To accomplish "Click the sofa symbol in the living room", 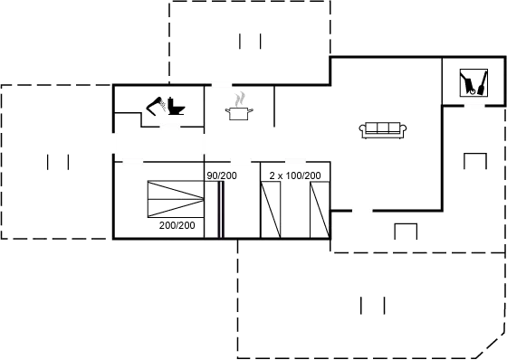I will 381,129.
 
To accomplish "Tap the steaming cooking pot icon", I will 241,103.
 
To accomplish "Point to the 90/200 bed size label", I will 222,176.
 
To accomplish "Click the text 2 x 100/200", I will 295,176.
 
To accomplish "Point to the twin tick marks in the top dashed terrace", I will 251,41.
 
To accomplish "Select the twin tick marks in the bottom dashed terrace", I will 373,305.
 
